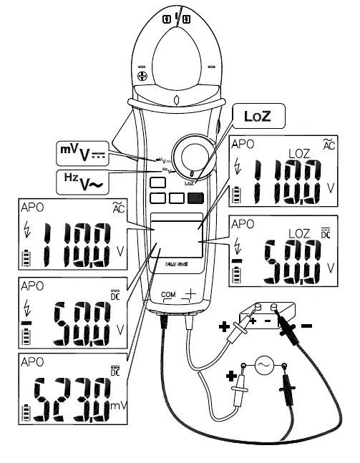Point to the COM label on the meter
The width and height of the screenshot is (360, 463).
tap(168, 294)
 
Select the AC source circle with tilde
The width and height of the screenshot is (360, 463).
tap(263, 366)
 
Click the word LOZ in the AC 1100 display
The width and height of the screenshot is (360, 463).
tap(298, 153)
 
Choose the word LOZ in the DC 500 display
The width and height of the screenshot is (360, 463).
tap(298, 233)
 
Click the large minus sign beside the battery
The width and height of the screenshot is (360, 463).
tap(306, 326)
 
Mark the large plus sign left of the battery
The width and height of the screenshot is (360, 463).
tap(224, 327)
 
